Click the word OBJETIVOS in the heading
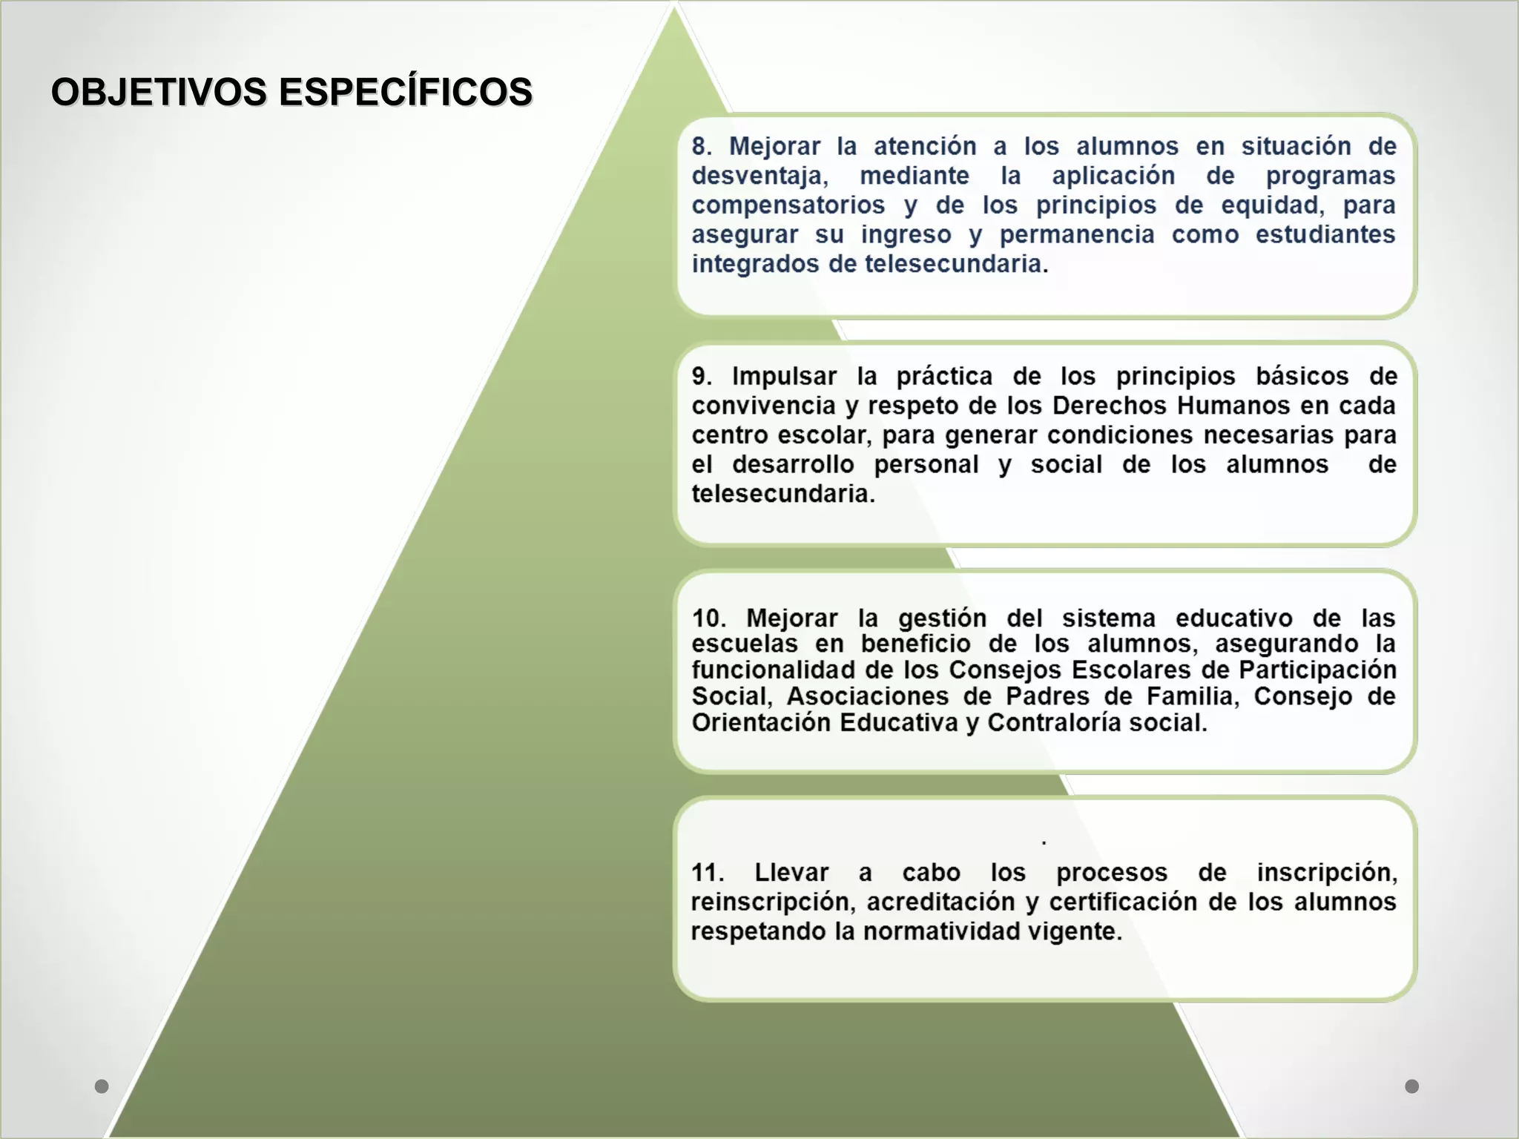[x=159, y=92]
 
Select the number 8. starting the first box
[x=702, y=146]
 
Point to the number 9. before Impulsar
[x=702, y=376]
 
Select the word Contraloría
[x=1054, y=722]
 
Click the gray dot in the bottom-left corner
[x=102, y=1086]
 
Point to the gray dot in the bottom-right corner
[x=1412, y=1086]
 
